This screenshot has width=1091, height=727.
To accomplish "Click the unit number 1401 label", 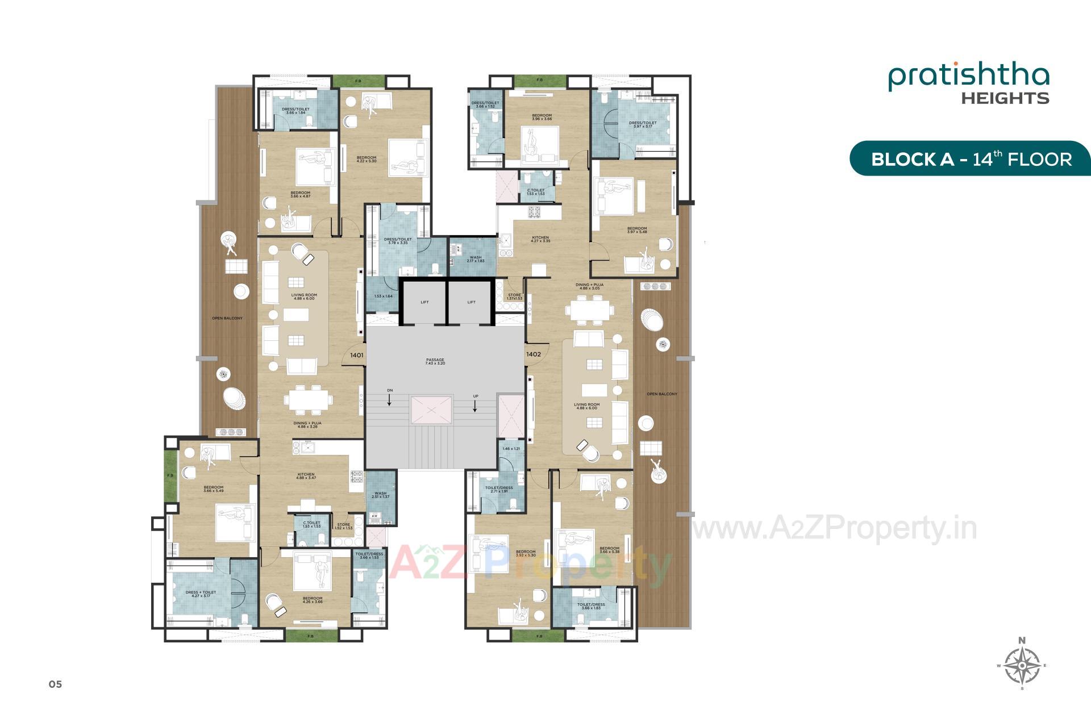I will [357, 355].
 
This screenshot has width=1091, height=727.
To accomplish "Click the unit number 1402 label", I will [533, 354].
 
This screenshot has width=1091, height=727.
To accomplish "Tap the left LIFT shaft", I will [424, 302].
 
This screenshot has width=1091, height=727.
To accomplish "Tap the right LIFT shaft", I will [471, 302].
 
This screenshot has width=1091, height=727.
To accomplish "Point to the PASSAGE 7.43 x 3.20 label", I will [435, 361].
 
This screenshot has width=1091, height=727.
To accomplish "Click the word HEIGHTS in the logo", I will [1005, 98].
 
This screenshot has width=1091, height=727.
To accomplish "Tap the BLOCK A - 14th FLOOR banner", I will [971, 158].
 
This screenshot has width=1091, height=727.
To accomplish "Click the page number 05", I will [55, 684].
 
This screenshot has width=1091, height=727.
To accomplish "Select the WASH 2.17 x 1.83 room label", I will [476, 259].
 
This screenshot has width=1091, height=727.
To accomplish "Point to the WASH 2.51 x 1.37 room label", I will [380, 495].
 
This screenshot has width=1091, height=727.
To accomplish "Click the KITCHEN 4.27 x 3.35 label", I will [540, 239].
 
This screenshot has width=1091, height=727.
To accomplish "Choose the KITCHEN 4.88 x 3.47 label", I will [306, 476].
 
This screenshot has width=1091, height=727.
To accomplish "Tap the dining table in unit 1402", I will [589, 311].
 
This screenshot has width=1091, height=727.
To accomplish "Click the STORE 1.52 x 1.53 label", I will [343, 526].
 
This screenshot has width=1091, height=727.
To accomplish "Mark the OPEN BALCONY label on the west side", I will [227, 318].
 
